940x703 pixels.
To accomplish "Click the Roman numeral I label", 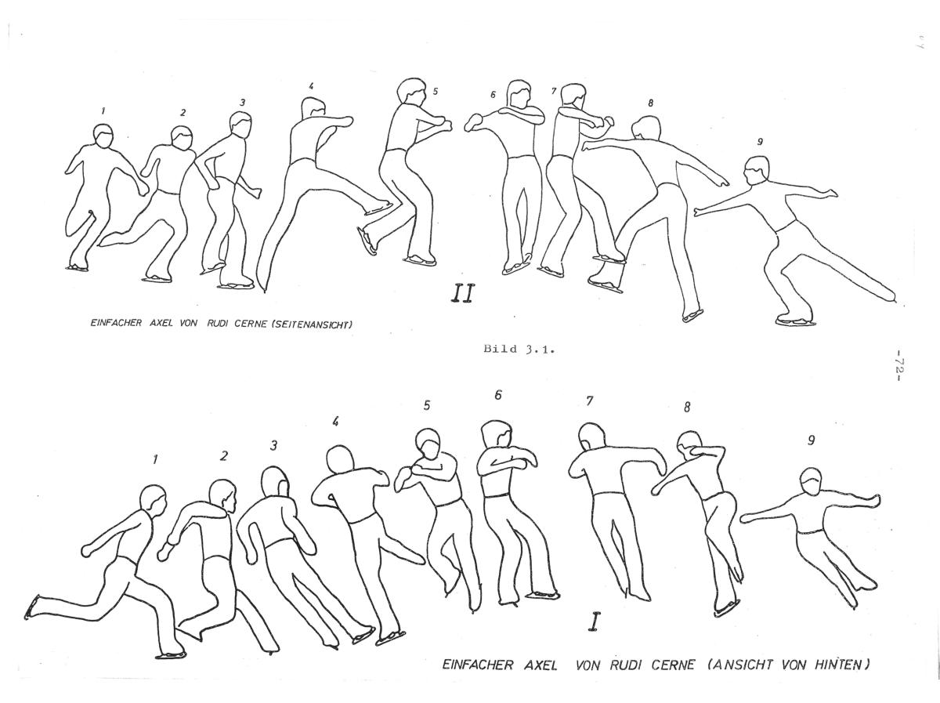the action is click(x=593, y=622).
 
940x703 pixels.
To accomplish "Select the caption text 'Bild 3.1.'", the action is click(x=519, y=349).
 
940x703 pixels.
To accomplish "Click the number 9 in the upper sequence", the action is click(x=760, y=141).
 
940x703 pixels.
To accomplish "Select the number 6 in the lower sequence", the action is click(x=497, y=395).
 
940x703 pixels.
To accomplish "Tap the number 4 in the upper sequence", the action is click(x=311, y=86).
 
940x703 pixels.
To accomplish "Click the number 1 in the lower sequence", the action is click(x=155, y=460).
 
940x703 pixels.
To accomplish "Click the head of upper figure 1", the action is click(x=103, y=136).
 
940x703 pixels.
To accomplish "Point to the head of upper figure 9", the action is click(x=756, y=171).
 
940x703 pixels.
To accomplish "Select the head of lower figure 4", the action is click(x=340, y=460).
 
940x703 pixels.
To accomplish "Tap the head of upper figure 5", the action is click(x=411, y=91).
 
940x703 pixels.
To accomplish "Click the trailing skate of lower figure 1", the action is click(x=31, y=607).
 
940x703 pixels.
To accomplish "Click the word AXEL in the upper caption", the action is click(x=161, y=323).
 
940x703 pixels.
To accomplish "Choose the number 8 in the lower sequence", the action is click(x=687, y=407).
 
